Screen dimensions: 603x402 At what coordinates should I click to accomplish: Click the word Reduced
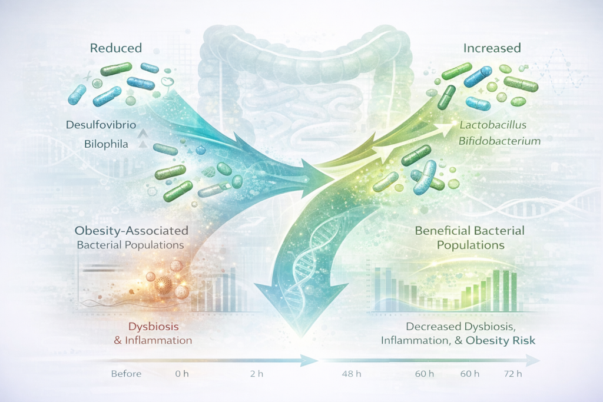coord(116,48)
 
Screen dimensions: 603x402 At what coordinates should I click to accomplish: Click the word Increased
coord(492,48)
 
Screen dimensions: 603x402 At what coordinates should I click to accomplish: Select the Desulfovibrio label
coord(101,125)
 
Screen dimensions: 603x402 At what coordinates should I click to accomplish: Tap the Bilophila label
coord(106,144)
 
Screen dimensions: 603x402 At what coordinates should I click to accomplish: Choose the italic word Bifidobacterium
coord(499,141)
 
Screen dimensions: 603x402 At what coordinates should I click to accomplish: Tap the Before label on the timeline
coord(126,374)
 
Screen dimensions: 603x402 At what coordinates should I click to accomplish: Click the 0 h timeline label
coord(182,374)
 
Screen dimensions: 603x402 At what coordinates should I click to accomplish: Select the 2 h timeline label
coord(257,374)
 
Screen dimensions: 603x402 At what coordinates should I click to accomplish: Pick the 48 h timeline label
coord(352,374)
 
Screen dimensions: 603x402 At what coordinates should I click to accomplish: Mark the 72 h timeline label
coord(513,374)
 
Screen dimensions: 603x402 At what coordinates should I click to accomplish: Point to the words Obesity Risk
coord(501,341)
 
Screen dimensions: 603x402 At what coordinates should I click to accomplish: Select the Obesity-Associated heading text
coord(131,231)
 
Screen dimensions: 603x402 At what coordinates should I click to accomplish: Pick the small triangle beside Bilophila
coord(143,145)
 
